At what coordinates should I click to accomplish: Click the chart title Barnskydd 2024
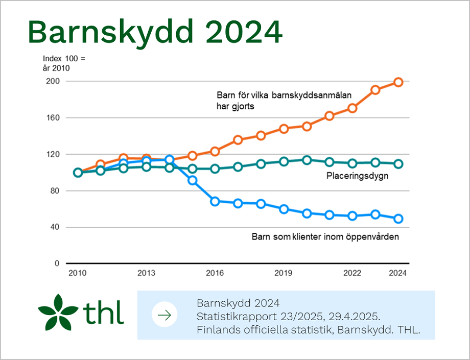click(x=155, y=32)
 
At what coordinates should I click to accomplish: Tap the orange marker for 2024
click(x=398, y=82)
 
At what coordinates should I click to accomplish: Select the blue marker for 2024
click(x=398, y=219)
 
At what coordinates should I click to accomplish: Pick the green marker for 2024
click(x=398, y=164)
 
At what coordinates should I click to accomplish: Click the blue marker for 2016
click(x=215, y=201)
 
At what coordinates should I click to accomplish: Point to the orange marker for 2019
click(x=284, y=129)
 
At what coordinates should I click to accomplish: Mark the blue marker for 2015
click(x=192, y=180)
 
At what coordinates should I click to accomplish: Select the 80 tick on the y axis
click(x=55, y=191)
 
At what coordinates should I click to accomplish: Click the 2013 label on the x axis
click(x=146, y=273)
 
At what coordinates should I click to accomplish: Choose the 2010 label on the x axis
click(x=77, y=273)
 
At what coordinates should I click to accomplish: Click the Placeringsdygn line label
click(x=357, y=176)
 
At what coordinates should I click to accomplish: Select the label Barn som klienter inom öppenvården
click(x=325, y=237)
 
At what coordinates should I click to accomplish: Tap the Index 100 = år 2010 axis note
click(x=64, y=63)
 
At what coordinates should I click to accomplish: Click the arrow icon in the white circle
click(x=165, y=315)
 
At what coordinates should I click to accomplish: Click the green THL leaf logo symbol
click(x=58, y=312)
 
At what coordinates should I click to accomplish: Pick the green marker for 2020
click(x=307, y=160)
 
